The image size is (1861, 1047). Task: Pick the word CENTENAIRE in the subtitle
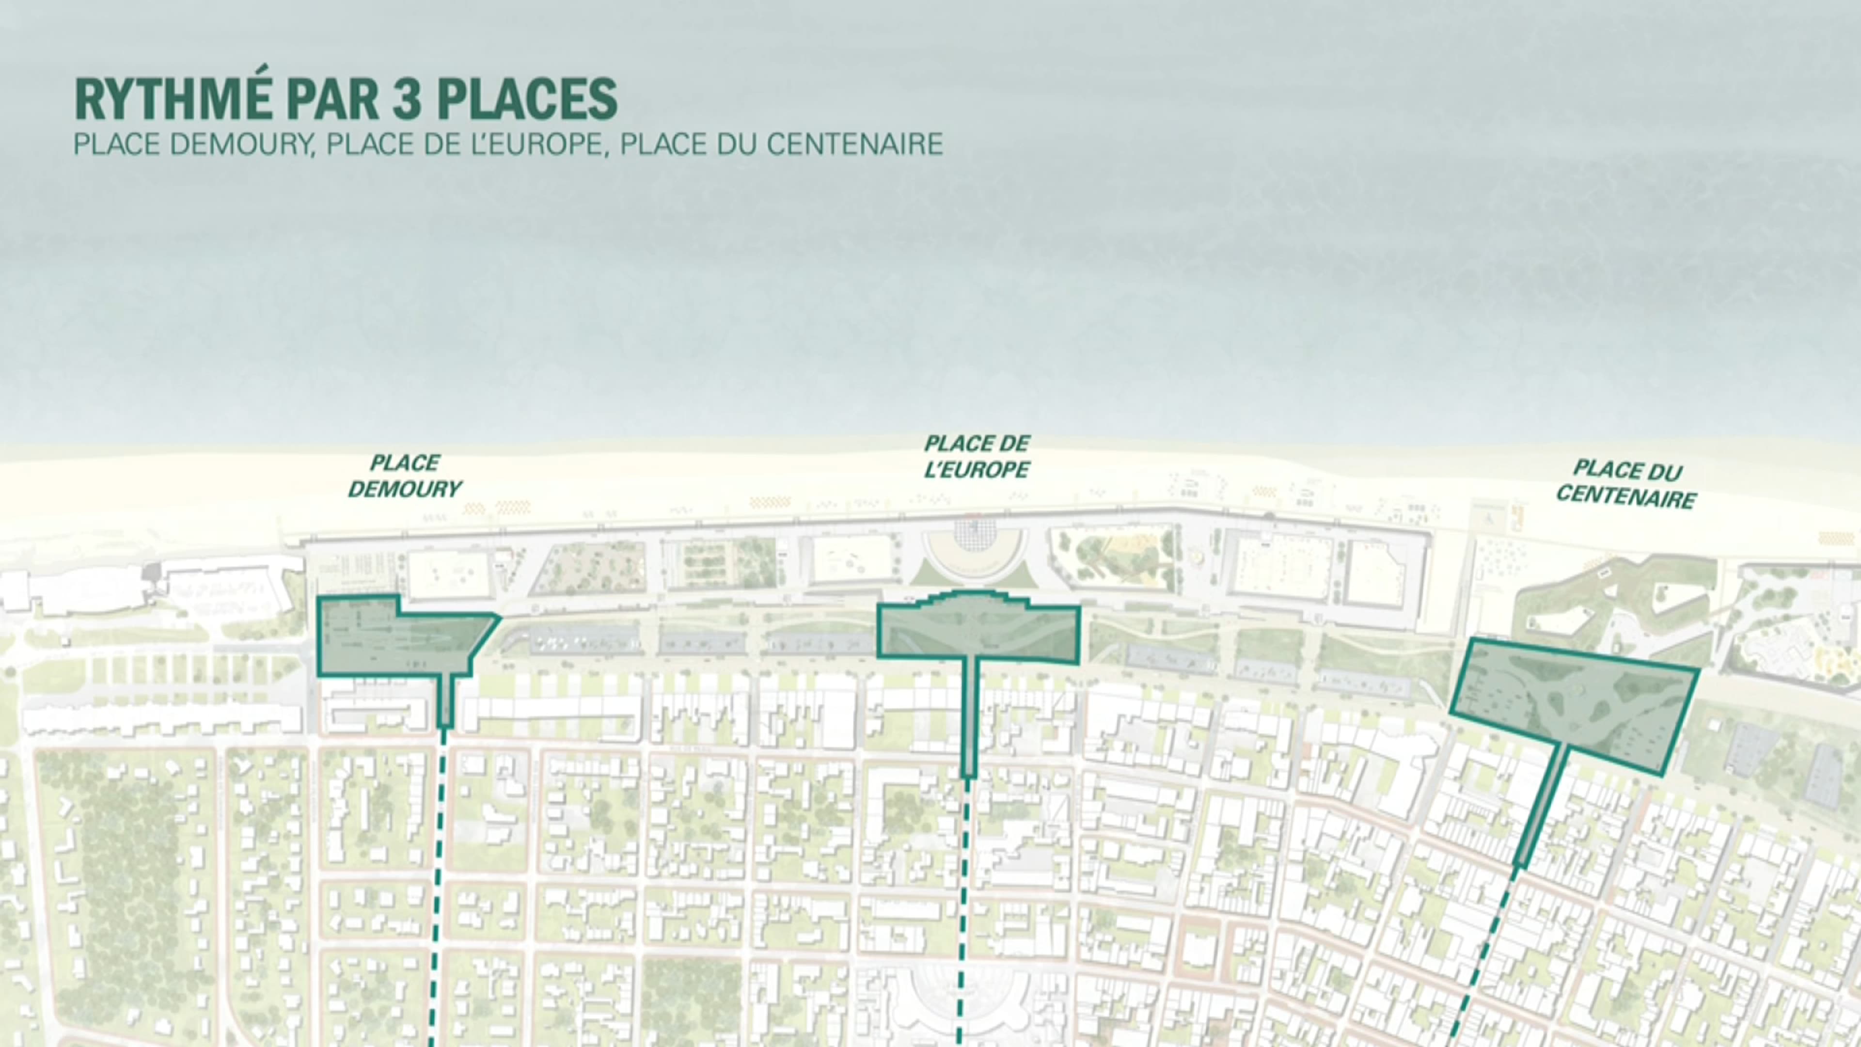click(854, 144)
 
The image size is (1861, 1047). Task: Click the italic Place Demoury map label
click(405, 476)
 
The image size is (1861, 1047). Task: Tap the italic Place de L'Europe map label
click(977, 457)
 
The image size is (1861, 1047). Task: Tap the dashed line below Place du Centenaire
click(1481, 954)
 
